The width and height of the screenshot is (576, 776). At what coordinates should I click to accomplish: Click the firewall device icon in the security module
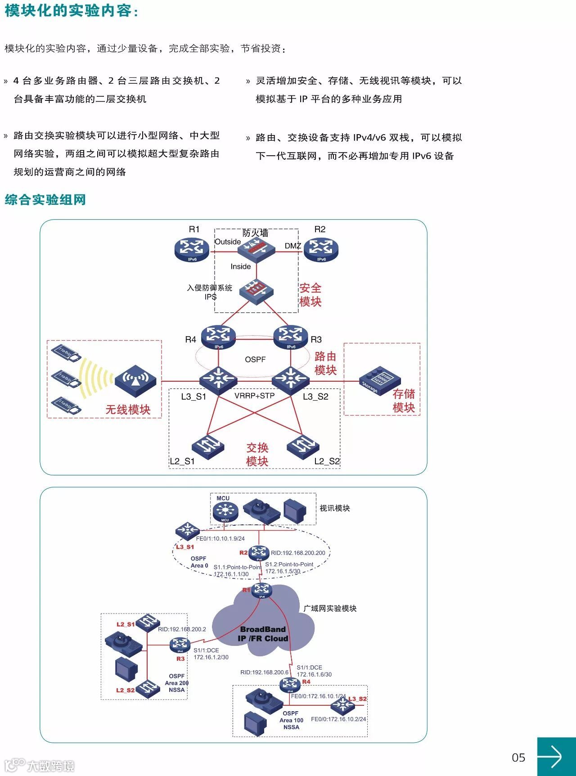click(256, 248)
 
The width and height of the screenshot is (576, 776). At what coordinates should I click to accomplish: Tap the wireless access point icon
click(135, 380)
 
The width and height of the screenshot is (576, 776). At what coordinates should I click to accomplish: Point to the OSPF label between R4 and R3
click(255, 360)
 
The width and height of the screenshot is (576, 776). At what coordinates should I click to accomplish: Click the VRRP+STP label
click(254, 396)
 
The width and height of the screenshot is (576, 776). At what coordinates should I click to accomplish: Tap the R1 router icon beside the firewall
click(192, 249)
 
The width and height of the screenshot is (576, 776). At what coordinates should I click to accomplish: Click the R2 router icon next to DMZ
click(321, 249)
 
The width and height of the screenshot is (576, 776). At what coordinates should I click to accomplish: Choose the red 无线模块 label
click(128, 410)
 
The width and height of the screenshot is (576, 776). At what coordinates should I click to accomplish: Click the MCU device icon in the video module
click(224, 511)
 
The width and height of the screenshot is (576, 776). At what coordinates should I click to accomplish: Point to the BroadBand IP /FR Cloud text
click(263, 634)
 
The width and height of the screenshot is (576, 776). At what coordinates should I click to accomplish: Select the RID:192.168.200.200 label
click(298, 553)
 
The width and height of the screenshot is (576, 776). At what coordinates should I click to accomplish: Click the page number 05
click(518, 758)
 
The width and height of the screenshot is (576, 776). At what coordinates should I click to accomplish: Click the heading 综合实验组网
click(45, 199)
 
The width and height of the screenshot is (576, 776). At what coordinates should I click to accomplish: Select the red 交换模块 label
click(257, 455)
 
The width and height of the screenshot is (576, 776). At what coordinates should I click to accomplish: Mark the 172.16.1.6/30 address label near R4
click(314, 674)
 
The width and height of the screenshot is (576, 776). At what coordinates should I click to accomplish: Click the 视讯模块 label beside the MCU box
click(334, 508)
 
